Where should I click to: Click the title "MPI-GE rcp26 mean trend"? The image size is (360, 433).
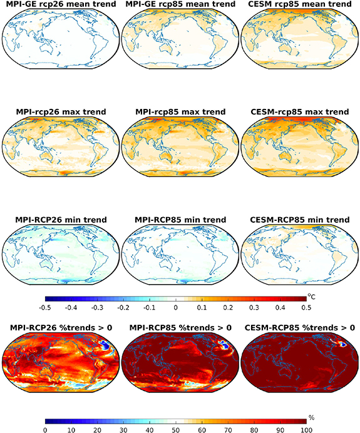(61, 4)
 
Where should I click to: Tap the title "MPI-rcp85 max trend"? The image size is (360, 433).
(180, 112)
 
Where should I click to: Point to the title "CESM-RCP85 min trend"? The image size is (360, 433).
(300, 220)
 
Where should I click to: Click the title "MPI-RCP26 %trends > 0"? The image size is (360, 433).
(61, 328)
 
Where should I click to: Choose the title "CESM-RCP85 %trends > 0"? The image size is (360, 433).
(300, 328)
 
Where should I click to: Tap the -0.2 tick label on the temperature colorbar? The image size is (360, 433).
(123, 307)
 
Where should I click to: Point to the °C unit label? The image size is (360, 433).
(311, 297)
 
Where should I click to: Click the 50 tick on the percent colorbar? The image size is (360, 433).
(176, 430)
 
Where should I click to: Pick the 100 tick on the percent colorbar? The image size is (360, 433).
(306, 430)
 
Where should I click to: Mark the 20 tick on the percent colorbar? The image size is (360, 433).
(97, 430)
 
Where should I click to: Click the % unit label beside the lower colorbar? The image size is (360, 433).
(311, 417)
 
